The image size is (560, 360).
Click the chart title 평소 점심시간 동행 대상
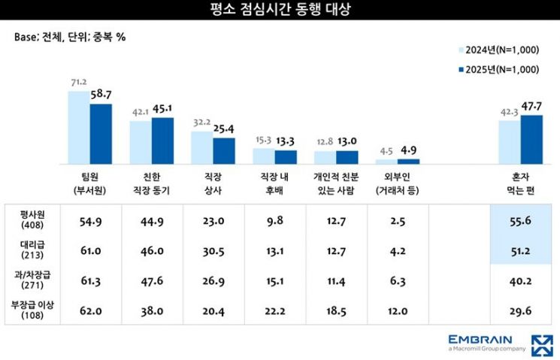click(x=280, y=10)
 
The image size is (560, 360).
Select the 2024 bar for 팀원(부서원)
click(x=79, y=127)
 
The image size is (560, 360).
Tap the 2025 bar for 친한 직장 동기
click(x=162, y=141)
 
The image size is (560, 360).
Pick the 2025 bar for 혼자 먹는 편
click(x=531, y=139)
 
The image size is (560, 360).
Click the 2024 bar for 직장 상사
click(x=202, y=147)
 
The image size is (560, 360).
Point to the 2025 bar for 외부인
click(x=408, y=161)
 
